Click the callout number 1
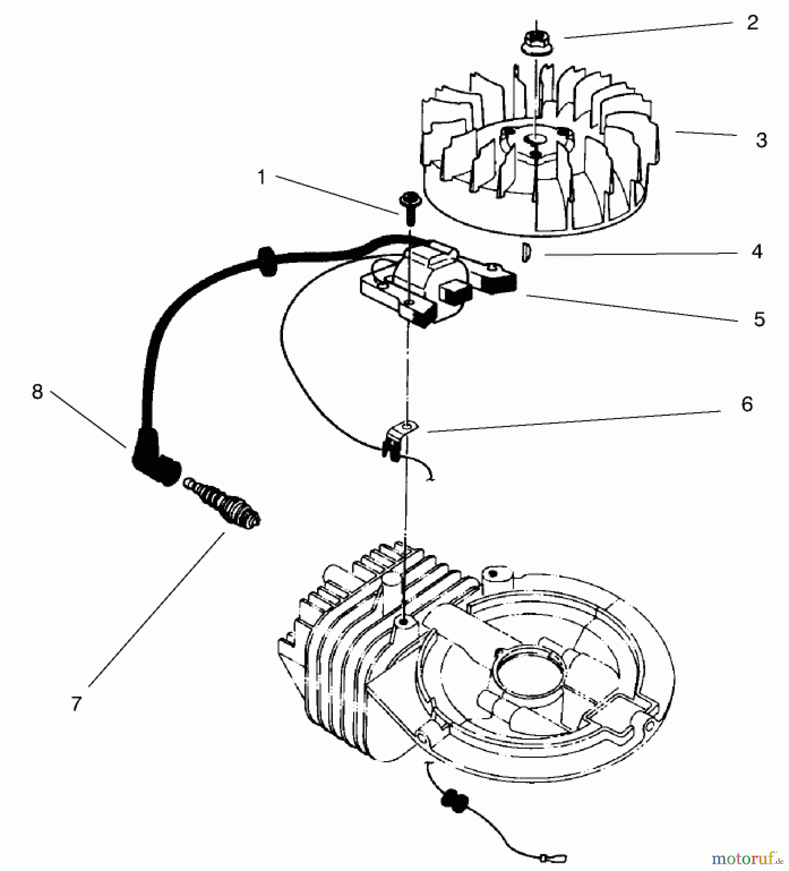[262, 178]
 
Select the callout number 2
[752, 23]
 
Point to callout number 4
[757, 252]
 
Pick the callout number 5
[759, 319]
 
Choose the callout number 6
[747, 404]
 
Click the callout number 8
[37, 392]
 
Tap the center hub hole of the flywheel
[536, 139]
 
